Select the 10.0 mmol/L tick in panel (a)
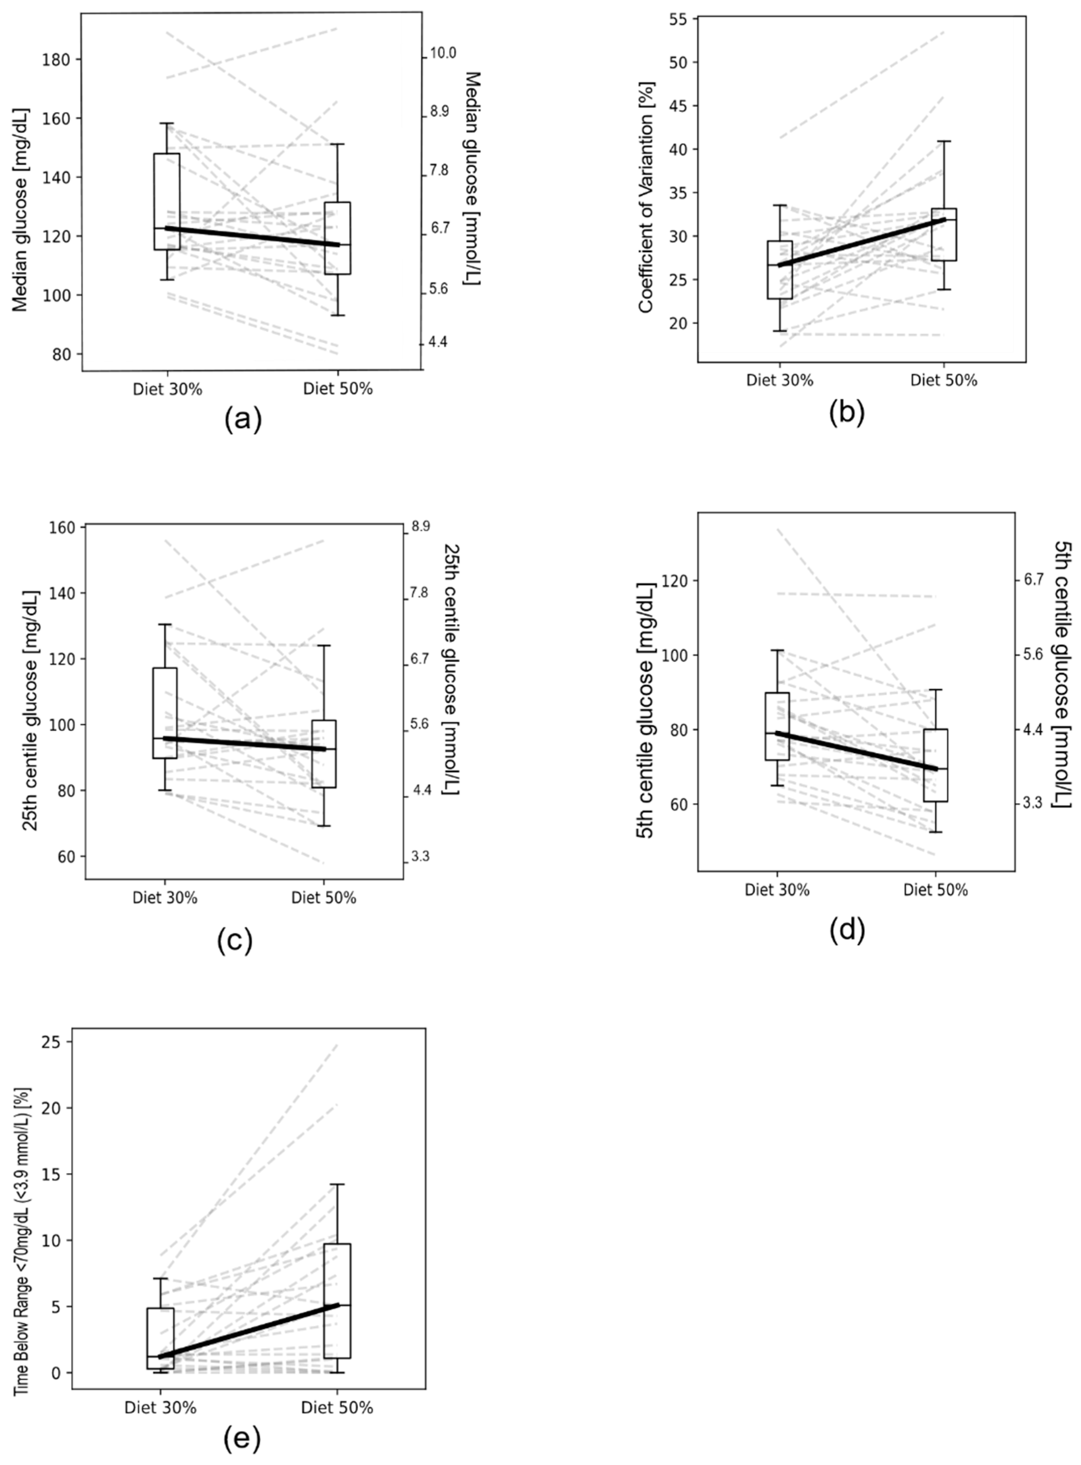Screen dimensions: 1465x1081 pos(442,53)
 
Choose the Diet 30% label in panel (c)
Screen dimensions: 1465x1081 pos(165,898)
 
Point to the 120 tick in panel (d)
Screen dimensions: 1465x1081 pos(676,581)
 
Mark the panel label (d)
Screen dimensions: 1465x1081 pos(847,929)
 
